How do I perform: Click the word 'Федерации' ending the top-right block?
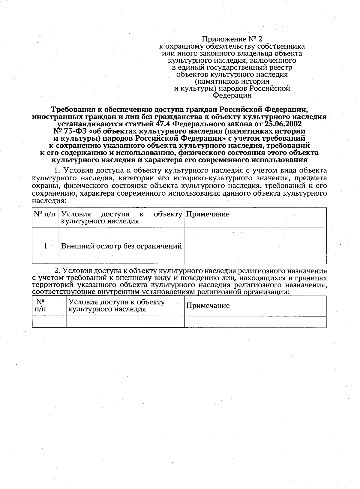pos(232,96)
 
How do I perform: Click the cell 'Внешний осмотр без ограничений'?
pos(121,246)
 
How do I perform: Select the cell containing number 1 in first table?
pos(45,246)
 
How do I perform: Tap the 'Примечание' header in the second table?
pos(208,306)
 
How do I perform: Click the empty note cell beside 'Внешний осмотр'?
pos(255,246)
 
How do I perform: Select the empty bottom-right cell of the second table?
pos(255,322)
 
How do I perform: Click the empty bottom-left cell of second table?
pos(49,322)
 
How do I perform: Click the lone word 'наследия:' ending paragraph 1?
pos(49,200)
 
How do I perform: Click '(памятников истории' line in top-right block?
pos(232,82)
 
